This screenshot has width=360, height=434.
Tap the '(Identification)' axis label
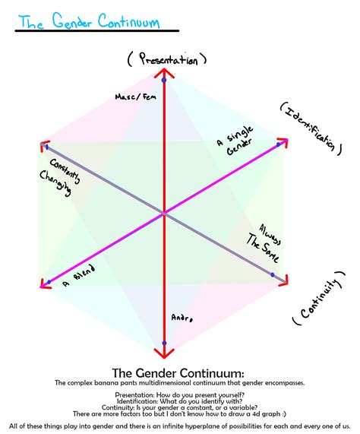[x=309, y=127]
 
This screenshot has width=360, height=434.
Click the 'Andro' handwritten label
[x=182, y=318]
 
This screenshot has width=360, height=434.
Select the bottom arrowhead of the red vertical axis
[x=162, y=352]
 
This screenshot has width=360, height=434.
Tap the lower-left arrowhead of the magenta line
[x=43, y=284]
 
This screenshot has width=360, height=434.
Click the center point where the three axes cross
[x=163, y=214]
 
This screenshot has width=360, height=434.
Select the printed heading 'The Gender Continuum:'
[x=178, y=373]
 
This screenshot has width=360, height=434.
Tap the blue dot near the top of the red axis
[x=164, y=80]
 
